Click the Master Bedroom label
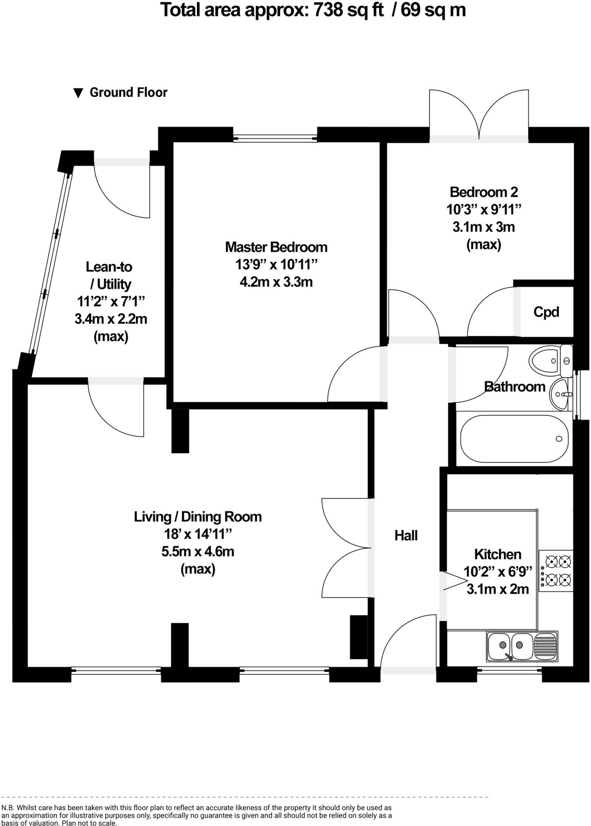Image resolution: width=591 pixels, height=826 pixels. [276, 247]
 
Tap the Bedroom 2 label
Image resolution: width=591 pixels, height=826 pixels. [483, 192]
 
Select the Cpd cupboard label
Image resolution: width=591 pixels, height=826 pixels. [546, 312]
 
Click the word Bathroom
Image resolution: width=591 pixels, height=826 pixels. [514, 387]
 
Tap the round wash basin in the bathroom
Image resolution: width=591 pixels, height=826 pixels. [561, 394]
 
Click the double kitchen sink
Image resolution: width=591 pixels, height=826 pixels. [522, 646]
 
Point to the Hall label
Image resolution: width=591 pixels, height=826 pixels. [406, 536]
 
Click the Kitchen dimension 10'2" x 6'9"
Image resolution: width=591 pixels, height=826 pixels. [498, 572]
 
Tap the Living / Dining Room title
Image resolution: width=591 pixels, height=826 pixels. [198, 517]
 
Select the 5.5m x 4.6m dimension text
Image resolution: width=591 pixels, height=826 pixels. [198, 551]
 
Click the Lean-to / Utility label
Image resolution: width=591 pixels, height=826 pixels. [110, 275]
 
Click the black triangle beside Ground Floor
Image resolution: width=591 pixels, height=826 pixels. [78, 93]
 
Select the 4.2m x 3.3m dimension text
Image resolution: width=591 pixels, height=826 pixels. [276, 282]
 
